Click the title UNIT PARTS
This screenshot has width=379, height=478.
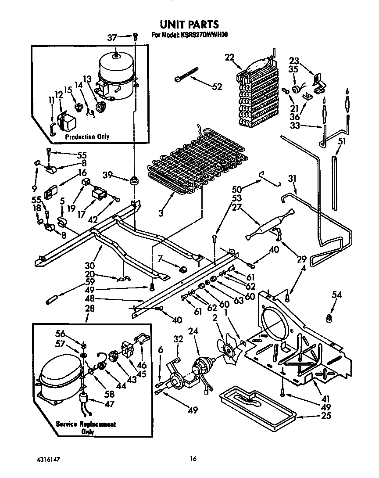click(189, 24)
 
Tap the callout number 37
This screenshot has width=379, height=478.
click(113, 38)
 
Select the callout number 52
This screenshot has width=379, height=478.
click(216, 86)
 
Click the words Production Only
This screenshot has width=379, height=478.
click(87, 137)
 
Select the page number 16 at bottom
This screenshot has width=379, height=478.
click(192, 459)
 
